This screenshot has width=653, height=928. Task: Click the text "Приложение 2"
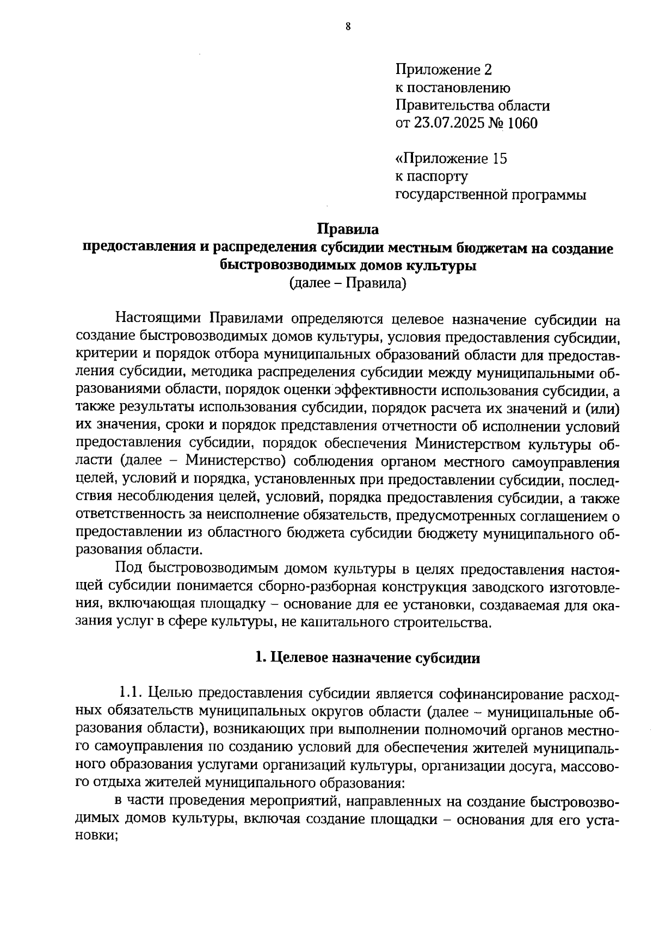(x=443, y=70)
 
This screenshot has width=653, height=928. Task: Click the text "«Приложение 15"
(x=451, y=159)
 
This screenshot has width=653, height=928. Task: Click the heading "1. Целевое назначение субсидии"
(x=368, y=658)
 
